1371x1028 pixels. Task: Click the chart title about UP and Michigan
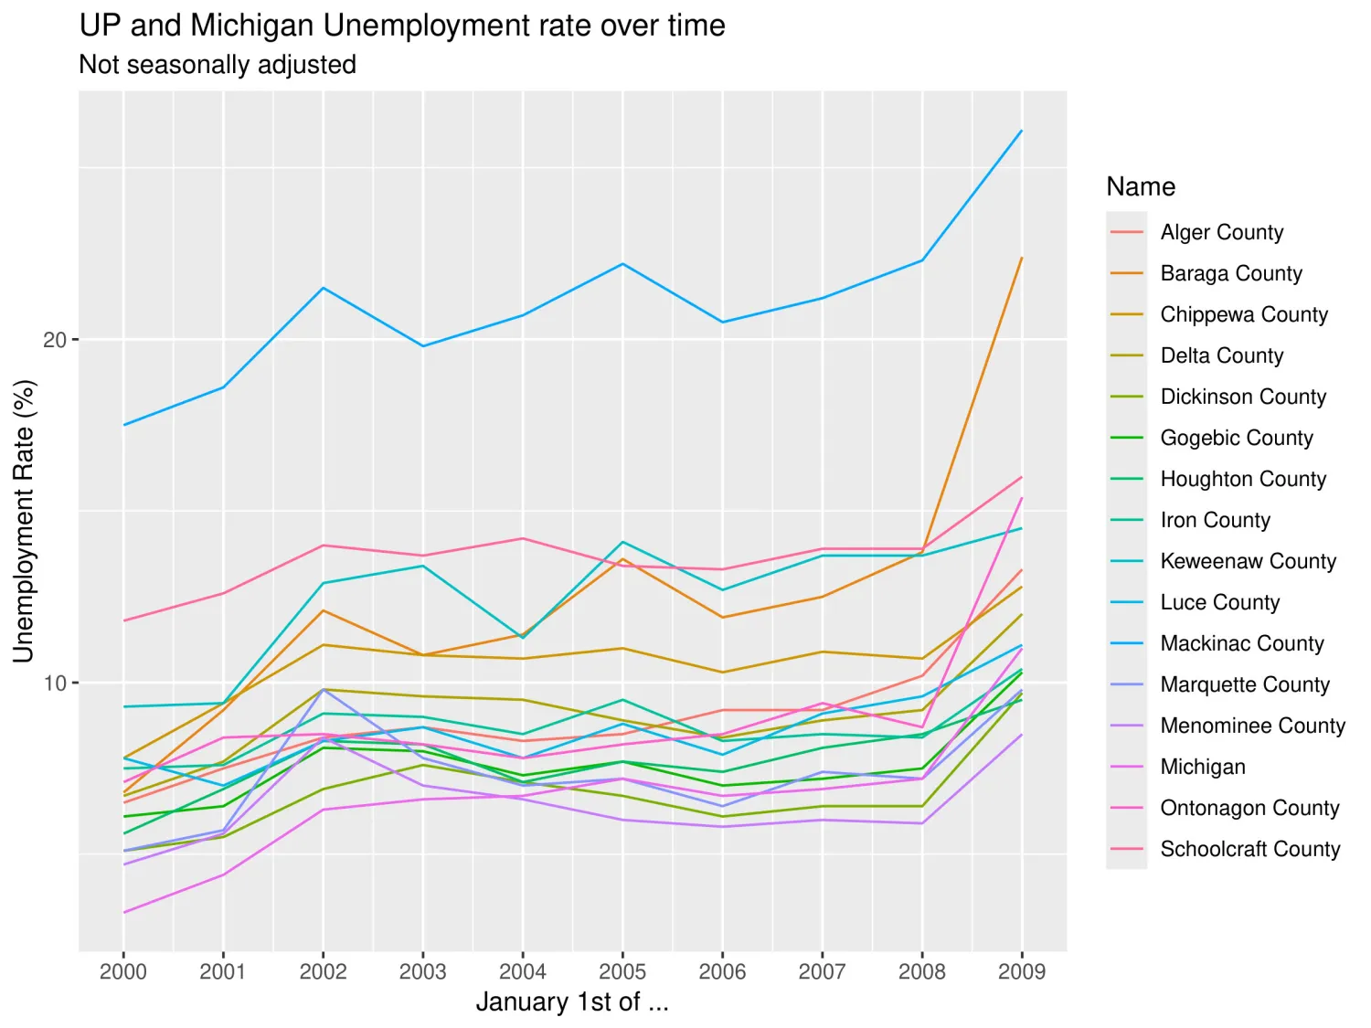(x=402, y=26)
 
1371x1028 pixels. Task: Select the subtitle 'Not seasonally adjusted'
(x=218, y=65)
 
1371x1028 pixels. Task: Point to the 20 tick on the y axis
(x=55, y=340)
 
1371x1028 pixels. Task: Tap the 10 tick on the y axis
(x=55, y=683)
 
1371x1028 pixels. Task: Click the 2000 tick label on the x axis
(x=123, y=971)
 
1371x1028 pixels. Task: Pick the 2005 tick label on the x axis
(x=622, y=971)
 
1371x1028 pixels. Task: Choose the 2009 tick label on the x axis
(x=1021, y=971)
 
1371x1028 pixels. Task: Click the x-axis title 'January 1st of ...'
(x=572, y=1002)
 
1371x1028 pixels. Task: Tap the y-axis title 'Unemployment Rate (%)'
(x=24, y=521)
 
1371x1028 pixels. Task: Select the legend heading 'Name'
(x=1141, y=186)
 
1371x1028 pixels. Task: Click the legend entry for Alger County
(x=1221, y=232)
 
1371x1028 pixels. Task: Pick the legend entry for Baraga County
(x=1230, y=273)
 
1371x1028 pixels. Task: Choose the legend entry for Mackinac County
(x=1241, y=643)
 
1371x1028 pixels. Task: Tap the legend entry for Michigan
(x=1202, y=767)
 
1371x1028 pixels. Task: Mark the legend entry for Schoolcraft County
(x=1249, y=849)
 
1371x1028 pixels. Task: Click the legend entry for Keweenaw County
(x=1248, y=561)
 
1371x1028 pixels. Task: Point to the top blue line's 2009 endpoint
(x=1022, y=131)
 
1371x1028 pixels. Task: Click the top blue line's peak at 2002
(x=323, y=288)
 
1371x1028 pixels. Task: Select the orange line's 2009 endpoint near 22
(x=1022, y=258)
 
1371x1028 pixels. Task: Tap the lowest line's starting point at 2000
(x=123, y=912)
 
